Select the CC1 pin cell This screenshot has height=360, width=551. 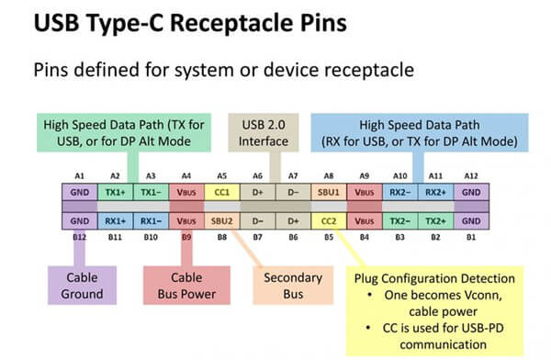(222, 195)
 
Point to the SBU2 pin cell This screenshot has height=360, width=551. (222, 221)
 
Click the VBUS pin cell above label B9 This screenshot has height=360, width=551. (185, 221)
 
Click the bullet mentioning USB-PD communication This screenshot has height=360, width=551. (436, 337)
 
